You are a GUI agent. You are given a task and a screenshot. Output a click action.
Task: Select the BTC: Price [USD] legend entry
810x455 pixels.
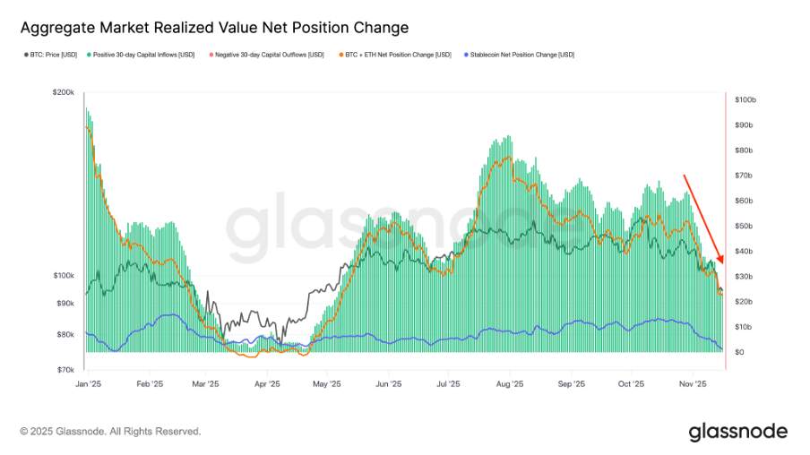[x=52, y=55]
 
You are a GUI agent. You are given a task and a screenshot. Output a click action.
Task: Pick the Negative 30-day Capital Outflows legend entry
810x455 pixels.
[x=266, y=55]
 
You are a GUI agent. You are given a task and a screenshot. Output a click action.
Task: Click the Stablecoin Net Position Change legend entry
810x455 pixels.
[x=518, y=55]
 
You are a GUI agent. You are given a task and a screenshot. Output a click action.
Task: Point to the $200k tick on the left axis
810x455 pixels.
[x=64, y=93]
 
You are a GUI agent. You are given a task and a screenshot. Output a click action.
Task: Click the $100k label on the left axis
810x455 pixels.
[x=64, y=276]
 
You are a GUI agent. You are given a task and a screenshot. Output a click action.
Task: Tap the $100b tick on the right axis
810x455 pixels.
[x=746, y=99]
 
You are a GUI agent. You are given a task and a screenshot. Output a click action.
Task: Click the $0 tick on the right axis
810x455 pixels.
[x=739, y=352]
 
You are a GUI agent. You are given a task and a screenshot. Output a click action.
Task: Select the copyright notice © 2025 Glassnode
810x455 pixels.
[x=110, y=432]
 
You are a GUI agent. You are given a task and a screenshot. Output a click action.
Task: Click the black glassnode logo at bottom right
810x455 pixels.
[x=737, y=432]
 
